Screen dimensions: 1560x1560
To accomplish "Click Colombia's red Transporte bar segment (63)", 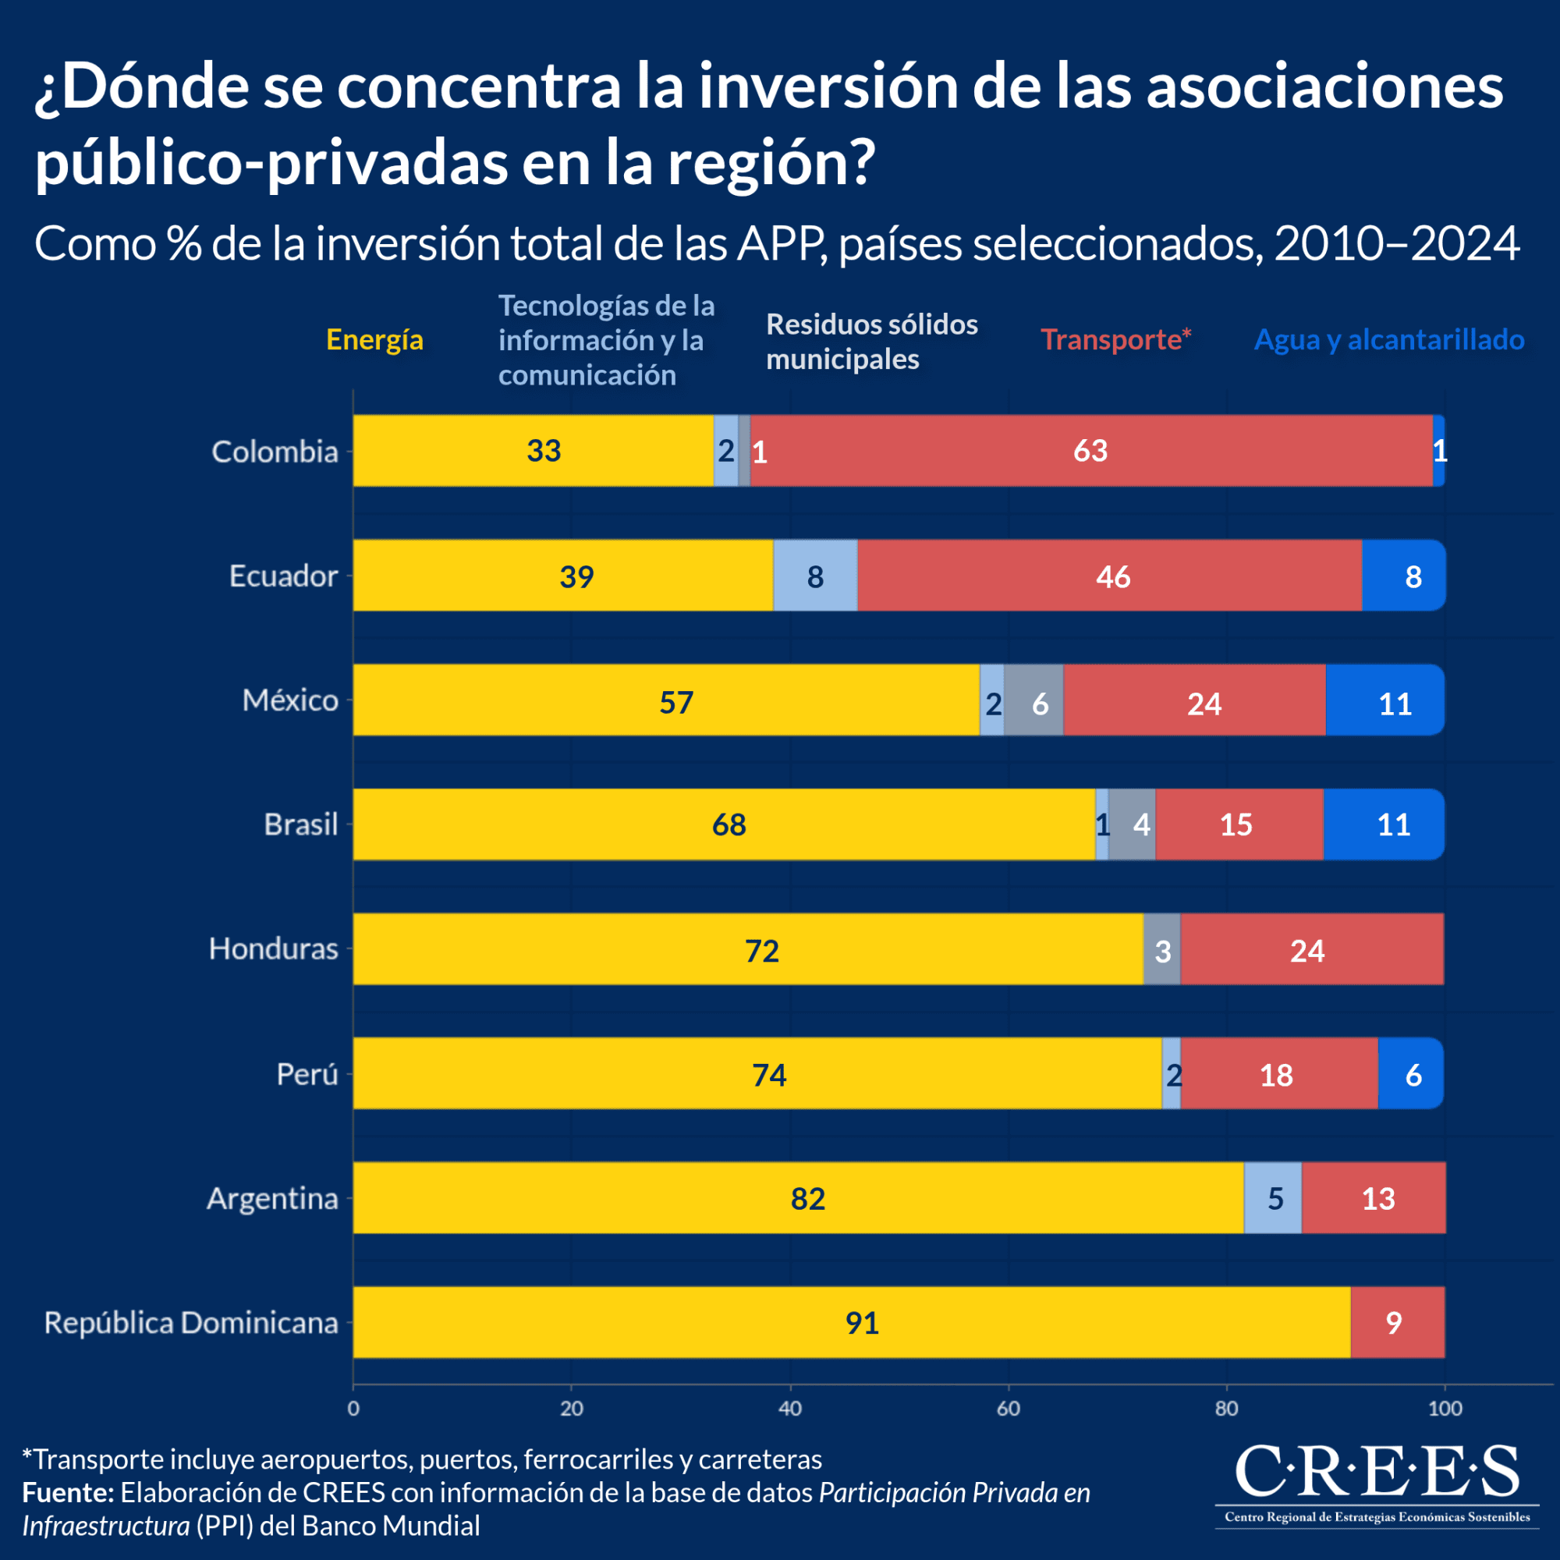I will pos(1090,451).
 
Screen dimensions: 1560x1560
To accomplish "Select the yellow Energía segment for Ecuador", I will pos(563,576).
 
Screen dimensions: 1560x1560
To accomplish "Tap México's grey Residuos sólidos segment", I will pos(1033,700).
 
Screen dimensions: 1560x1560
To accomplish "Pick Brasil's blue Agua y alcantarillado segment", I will pos(1383,824).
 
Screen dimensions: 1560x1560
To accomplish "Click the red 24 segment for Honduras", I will pos(1311,948).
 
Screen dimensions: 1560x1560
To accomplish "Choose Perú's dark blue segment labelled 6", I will pos(1409,1073).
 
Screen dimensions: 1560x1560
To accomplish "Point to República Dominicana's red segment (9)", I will pos(1397,1322).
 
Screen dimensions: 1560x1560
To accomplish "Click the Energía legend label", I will pos(374,340).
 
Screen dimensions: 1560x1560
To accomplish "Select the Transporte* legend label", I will pos(1115,340).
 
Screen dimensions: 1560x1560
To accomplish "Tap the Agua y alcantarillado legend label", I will pos(1389,340).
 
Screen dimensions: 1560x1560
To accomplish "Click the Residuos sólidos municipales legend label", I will pos(871,342).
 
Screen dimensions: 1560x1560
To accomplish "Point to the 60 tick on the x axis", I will pos(1008,1409).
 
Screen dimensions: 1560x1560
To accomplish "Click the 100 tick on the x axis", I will pos(1445,1409).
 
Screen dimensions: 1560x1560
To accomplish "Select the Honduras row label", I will pos(273,948).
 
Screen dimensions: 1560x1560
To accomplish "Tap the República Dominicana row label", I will pos(190,1323).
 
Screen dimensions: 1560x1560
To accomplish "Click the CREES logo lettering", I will pos(1377,1471).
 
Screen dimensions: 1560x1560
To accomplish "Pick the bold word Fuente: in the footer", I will pos(68,1492).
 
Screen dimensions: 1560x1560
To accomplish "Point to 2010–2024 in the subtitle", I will pos(1397,244).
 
